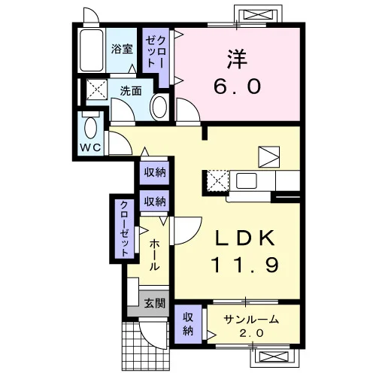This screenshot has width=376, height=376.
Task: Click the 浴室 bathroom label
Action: (122, 49)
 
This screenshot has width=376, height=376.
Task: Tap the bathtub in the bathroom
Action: (92, 50)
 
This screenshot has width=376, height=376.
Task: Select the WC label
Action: (90, 147)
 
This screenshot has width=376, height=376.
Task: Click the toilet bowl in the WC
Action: (90, 127)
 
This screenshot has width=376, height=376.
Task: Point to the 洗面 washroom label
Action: (131, 91)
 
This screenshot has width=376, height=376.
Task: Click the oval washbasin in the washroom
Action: (159, 108)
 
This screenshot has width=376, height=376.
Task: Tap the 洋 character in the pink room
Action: (237, 59)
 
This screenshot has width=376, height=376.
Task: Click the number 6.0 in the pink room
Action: (237, 86)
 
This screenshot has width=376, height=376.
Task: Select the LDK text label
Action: (244, 238)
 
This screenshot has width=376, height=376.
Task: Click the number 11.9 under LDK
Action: (244, 265)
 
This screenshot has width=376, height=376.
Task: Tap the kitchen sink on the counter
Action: (246, 180)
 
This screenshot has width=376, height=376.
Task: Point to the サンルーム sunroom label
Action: (251, 320)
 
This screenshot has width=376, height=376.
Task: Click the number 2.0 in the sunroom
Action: (251, 333)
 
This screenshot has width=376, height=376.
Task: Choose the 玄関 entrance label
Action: (155, 304)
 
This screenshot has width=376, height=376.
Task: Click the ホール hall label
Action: (154, 255)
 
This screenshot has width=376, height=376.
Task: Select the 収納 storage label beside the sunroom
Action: (188, 324)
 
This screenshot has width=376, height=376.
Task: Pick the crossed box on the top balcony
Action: (258, 14)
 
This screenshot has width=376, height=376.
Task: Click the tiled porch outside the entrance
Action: (145, 348)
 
